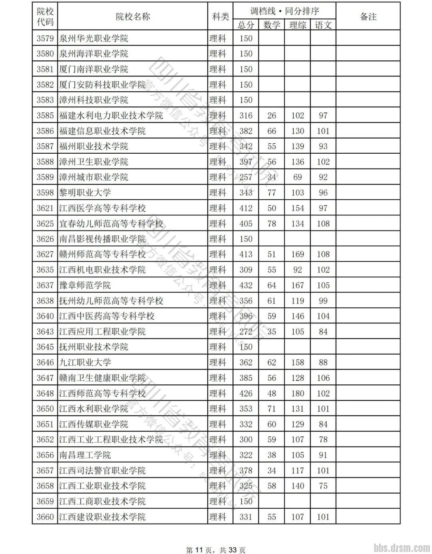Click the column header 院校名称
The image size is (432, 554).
[x=132, y=16]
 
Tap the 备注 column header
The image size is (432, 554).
[x=368, y=16]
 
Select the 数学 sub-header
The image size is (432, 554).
[x=272, y=25]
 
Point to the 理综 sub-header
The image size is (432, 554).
[x=297, y=25]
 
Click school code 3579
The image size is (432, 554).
[x=45, y=38]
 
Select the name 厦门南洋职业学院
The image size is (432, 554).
[x=94, y=69]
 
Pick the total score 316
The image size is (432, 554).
[x=246, y=116]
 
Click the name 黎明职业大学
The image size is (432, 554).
[x=85, y=193]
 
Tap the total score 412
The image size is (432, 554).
[x=246, y=208]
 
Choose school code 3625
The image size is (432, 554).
[x=45, y=224]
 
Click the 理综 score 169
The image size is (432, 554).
[x=297, y=255]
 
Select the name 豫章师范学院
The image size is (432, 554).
[x=85, y=285]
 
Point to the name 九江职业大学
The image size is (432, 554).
[x=85, y=363]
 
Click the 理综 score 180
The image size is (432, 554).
[x=297, y=393]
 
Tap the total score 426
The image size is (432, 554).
[x=246, y=393]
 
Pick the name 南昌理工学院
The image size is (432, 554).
[x=85, y=455]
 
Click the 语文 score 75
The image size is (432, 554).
[x=323, y=486]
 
